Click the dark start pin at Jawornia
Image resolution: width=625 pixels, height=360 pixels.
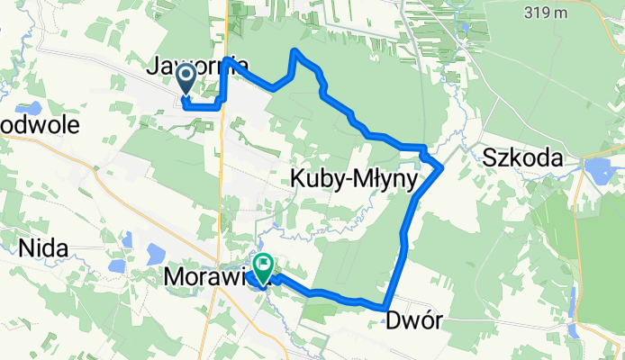click(186, 79)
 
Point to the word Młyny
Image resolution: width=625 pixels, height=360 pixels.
click(385, 180)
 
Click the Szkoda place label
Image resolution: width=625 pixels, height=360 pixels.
click(522, 158)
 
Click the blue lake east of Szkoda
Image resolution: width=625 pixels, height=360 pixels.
click(598, 168)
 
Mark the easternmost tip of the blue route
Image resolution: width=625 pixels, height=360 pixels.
click(441, 167)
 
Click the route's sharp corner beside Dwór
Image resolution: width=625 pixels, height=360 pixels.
click(386, 309)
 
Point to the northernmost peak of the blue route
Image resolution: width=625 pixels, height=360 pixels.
click(294, 51)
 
